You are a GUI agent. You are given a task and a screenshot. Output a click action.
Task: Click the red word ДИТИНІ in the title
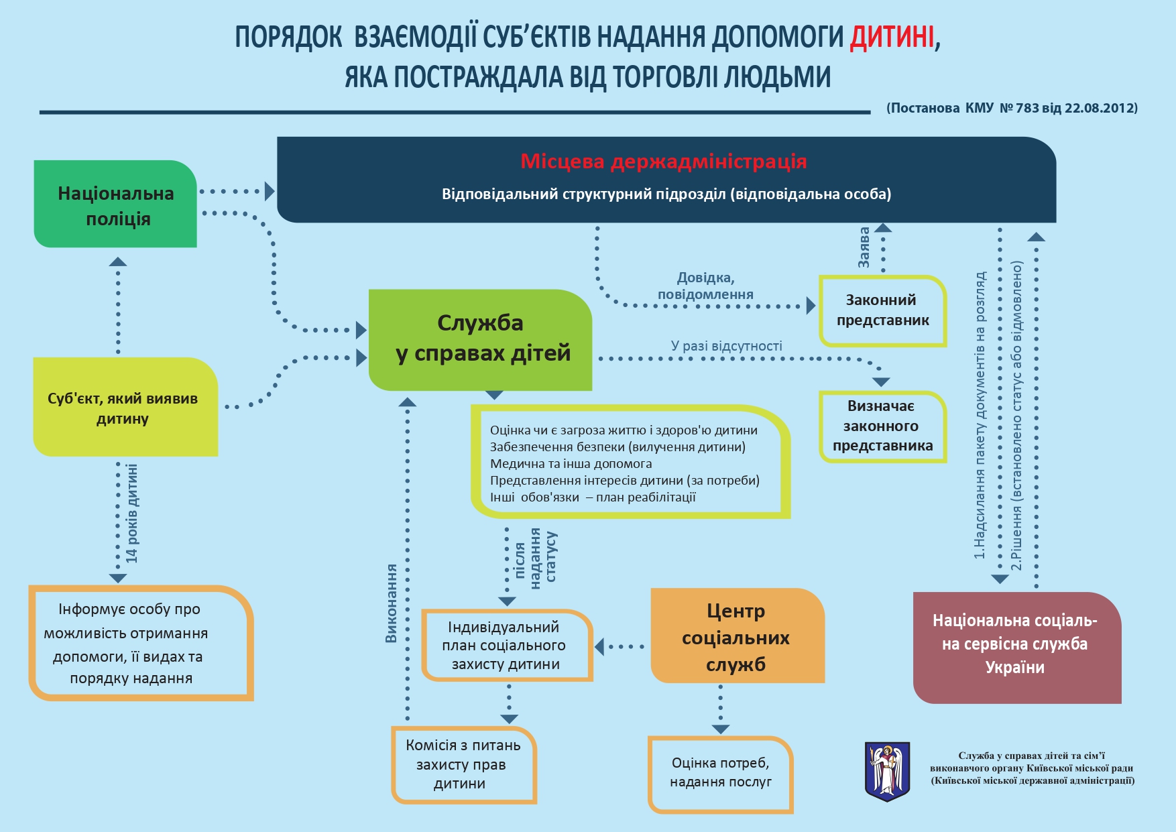pyautogui.click(x=892, y=38)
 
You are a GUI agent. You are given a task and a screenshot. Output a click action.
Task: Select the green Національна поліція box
pyautogui.click(x=115, y=204)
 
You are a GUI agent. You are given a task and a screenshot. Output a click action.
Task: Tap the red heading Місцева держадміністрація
pyautogui.click(x=663, y=162)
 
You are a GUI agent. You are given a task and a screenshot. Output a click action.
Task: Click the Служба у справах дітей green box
pyautogui.click(x=480, y=339)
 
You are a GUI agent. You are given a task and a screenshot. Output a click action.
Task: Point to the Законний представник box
pyautogui.click(x=882, y=310)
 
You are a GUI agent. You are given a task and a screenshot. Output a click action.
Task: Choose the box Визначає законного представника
pyautogui.click(x=882, y=426)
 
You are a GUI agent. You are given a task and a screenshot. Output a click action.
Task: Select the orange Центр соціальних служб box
pyautogui.click(x=736, y=637)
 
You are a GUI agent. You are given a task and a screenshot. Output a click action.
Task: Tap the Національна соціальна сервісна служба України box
pyautogui.click(x=1015, y=645)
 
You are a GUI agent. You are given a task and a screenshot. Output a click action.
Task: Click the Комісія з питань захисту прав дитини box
pyautogui.click(x=463, y=764)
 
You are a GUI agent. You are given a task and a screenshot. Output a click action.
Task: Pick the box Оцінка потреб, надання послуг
pyautogui.click(x=721, y=773)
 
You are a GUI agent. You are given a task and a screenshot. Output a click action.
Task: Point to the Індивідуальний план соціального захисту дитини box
pyautogui.click(x=506, y=646)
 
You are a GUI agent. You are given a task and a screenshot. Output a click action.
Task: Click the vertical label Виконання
pyautogui.click(x=392, y=603)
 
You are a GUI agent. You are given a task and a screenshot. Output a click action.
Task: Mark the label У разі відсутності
pyautogui.click(x=726, y=346)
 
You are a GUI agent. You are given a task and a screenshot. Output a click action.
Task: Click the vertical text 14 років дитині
pyautogui.click(x=132, y=514)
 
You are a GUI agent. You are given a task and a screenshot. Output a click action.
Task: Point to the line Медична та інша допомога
pyautogui.click(x=571, y=464)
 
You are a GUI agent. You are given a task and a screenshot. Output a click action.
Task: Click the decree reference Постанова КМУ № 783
pyautogui.click(x=1012, y=108)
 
